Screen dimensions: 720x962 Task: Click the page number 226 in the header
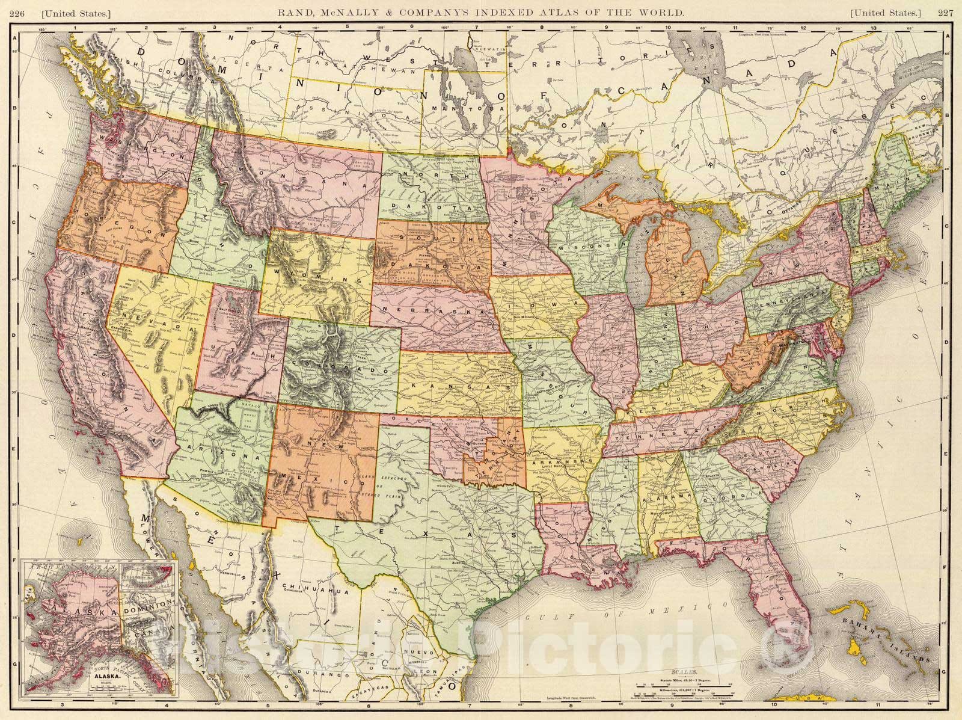click(x=26, y=11)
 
